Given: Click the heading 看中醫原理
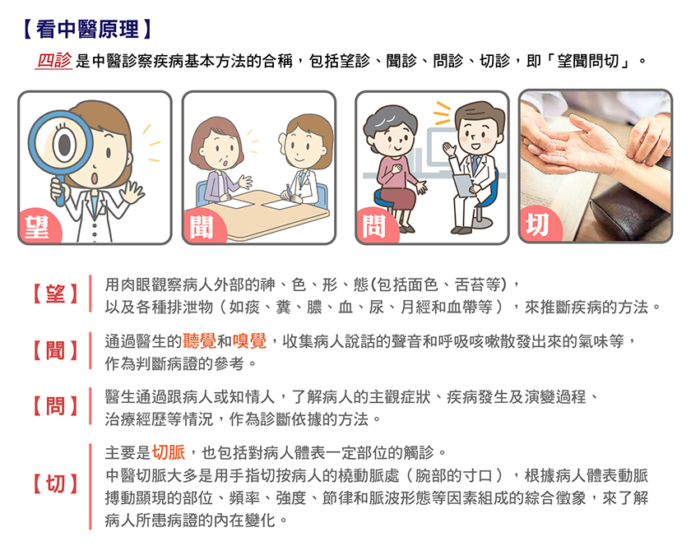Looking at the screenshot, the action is pyautogui.click(x=88, y=29).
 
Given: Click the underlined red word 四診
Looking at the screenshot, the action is pyautogui.click(x=53, y=61).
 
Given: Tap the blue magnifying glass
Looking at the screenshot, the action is pyautogui.click(x=60, y=150).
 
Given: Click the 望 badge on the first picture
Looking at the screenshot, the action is pyautogui.click(x=38, y=226).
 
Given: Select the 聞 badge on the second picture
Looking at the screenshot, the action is pyautogui.click(x=202, y=227).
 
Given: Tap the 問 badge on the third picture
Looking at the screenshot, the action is pyautogui.click(x=374, y=226).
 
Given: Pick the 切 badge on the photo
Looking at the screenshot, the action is pyautogui.click(x=539, y=224).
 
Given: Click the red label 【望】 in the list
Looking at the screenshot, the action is pyautogui.click(x=56, y=294).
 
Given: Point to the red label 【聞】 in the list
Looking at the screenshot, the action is pyautogui.click(x=56, y=350).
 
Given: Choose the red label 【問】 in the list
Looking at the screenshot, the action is pyautogui.click(x=56, y=406).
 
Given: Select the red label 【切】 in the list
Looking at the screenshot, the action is pyautogui.click(x=56, y=483).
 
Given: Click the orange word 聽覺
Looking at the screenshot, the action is pyautogui.click(x=199, y=341).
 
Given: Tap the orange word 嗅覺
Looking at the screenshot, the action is pyautogui.click(x=249, y=341).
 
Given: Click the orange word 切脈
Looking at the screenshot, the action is pyautogui.click(x=169, y=452).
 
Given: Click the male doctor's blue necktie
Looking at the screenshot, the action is pyautogui.click(x=474, y=164).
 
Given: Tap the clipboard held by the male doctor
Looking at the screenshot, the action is pyautogui.click(x=462, y=185).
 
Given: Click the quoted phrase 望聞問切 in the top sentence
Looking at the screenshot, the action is pyautogui.click(x=588, y=61).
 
